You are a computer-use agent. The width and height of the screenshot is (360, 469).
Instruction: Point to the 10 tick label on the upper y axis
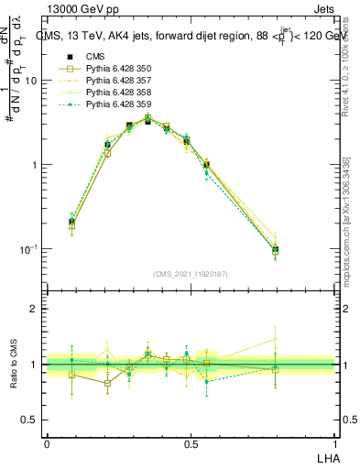(x=30, y=81)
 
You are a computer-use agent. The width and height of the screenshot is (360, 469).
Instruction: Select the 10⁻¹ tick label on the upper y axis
(x=27, y=249)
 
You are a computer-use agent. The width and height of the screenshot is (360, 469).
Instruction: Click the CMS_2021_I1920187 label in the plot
(x=191, y=274)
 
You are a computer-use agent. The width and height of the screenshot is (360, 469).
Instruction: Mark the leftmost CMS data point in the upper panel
(x=72, y=222)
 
